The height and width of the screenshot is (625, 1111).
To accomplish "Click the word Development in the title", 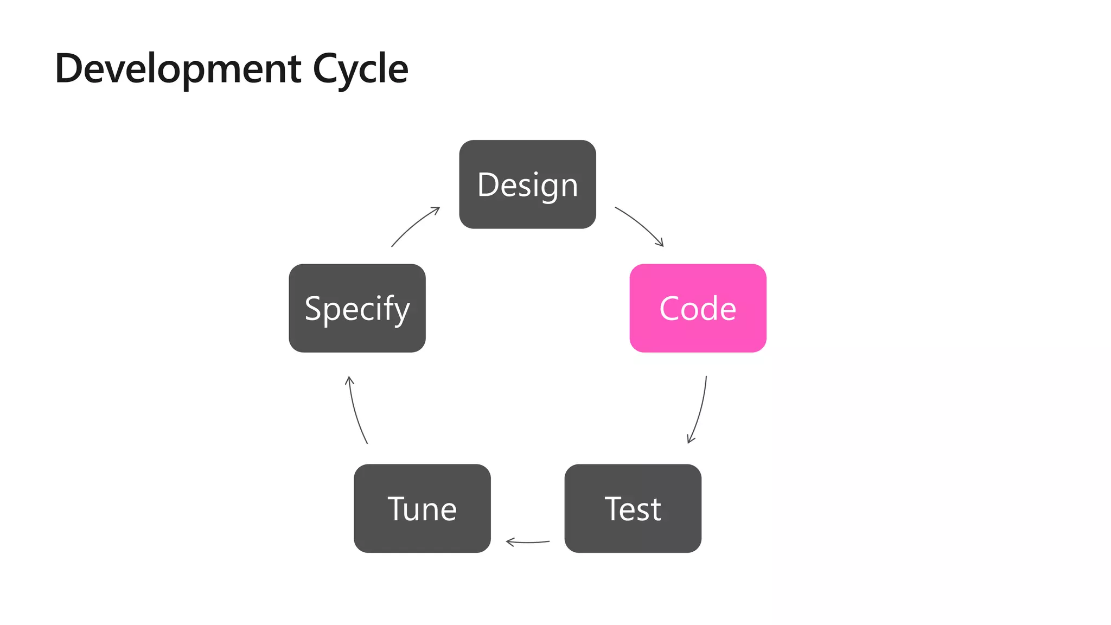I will click(x=178, y=69).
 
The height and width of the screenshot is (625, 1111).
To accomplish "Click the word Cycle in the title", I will click(x=360, y=69).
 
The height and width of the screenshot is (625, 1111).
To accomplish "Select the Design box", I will click(x=527, y=184).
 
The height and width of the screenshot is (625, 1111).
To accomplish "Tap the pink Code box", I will click(x=698, y=308).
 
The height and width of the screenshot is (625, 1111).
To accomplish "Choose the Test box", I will click(x=633, y=508).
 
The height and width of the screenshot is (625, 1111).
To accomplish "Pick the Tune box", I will click(x=422, y=508).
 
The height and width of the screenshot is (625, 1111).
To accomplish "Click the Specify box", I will click(x=357, y=308).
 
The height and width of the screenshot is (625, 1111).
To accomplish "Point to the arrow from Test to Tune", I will click(x=527, y=542).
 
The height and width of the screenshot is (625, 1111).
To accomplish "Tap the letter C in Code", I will click(x=670, y=309).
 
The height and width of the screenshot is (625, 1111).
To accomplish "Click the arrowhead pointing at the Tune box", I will click(x=509, y=541).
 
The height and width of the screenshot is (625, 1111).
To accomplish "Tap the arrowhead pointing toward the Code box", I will click(x=660, y=243).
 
